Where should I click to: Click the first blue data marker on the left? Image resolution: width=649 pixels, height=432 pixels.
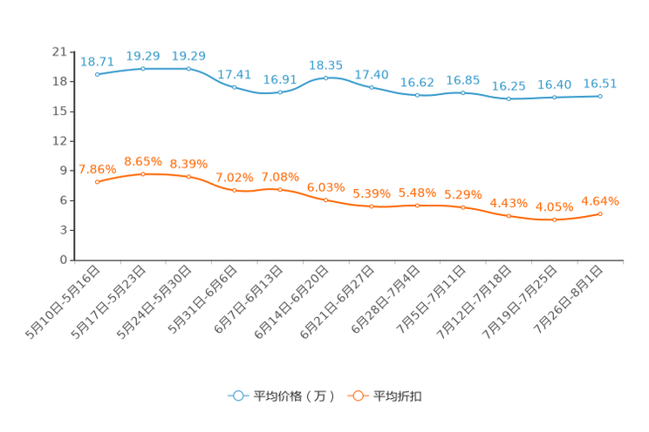97,75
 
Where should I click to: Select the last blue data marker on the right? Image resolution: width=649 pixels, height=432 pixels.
600,95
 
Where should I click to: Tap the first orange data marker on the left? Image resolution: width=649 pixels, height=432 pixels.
97,181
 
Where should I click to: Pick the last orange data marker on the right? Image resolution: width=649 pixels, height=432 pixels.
600,213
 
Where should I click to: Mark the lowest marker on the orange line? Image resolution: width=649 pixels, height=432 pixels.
554,220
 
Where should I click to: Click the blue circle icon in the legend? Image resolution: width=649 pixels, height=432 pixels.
237,396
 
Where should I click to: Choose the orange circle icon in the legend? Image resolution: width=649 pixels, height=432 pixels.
356,396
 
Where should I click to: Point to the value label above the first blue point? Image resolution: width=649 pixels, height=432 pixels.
97,61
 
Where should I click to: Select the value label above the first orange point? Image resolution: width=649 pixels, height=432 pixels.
97,167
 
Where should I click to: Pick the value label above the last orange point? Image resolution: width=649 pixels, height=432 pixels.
600,200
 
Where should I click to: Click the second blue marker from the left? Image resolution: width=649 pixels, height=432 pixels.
143,68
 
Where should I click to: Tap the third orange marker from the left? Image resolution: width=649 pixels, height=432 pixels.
188,177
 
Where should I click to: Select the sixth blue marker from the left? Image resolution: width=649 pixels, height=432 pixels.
325,78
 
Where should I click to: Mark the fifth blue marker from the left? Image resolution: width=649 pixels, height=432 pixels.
280,91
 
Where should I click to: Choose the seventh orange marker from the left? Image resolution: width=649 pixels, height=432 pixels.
372,206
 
